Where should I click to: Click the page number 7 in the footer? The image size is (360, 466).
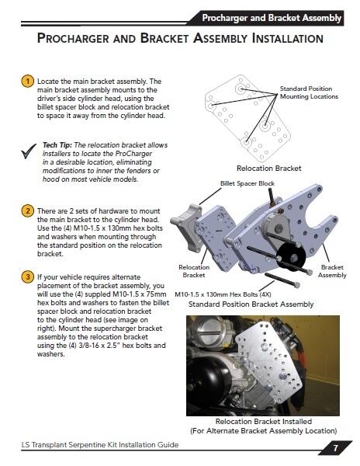335,448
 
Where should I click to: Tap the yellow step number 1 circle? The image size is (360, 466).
27,81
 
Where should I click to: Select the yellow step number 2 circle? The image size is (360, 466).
27,210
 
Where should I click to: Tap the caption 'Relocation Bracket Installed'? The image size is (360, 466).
263,421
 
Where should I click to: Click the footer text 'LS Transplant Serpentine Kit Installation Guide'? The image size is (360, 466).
101,446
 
